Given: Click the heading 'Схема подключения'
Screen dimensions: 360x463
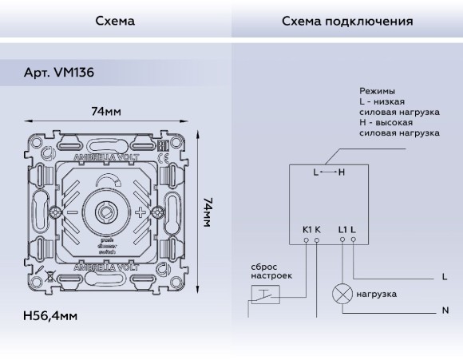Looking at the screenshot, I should [x=346, y=20].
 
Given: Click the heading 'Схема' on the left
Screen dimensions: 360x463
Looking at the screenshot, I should [x=115, y=20].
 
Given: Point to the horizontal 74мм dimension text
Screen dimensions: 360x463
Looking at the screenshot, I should [x=105, y=111].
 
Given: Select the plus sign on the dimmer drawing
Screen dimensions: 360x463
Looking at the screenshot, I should [x=142, y=212].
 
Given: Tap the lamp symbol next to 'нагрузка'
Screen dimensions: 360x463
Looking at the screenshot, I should [x=342, y=294].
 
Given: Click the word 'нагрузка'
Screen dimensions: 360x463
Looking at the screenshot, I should [x=378, y=294].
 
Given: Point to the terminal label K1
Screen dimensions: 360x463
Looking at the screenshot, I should [x=307, y=230].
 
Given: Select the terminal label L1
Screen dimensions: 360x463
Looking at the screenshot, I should [x=342, y=230].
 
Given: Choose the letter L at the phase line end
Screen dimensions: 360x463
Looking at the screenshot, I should [x=444, y=277].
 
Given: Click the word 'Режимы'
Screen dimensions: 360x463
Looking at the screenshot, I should [x=378, y=92].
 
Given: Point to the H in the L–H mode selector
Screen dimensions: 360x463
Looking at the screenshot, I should [x=342, y=172].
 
